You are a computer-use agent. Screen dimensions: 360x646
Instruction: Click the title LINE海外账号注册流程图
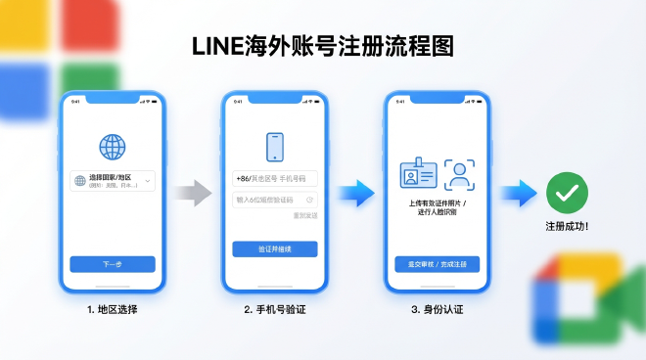pyautogui.click(x=322, y=47)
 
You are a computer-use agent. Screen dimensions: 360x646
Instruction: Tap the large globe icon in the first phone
pyautogui.click(x=113, y=147)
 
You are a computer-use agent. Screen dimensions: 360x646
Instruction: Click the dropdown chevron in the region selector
pyautogui.click(x=148, y=181)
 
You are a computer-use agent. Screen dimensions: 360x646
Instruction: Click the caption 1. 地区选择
pyautogui.click(x=112, y=310)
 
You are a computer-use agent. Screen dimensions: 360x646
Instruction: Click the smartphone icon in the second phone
pyautogui.click(x=275, y=148)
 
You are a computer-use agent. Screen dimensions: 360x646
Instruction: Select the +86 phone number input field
pyautogui.click(x=275, y=179)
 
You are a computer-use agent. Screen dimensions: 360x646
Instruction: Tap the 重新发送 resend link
pyautogui.click(x=305, y=215)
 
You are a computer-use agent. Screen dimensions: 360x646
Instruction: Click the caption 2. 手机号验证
pyautogui.click(x=275, y=310)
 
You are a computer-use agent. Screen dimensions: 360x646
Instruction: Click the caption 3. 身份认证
pyautogui.click(x=437, y=310)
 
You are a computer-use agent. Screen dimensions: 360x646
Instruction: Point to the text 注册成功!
pyautogui.click(x=567, y=226)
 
